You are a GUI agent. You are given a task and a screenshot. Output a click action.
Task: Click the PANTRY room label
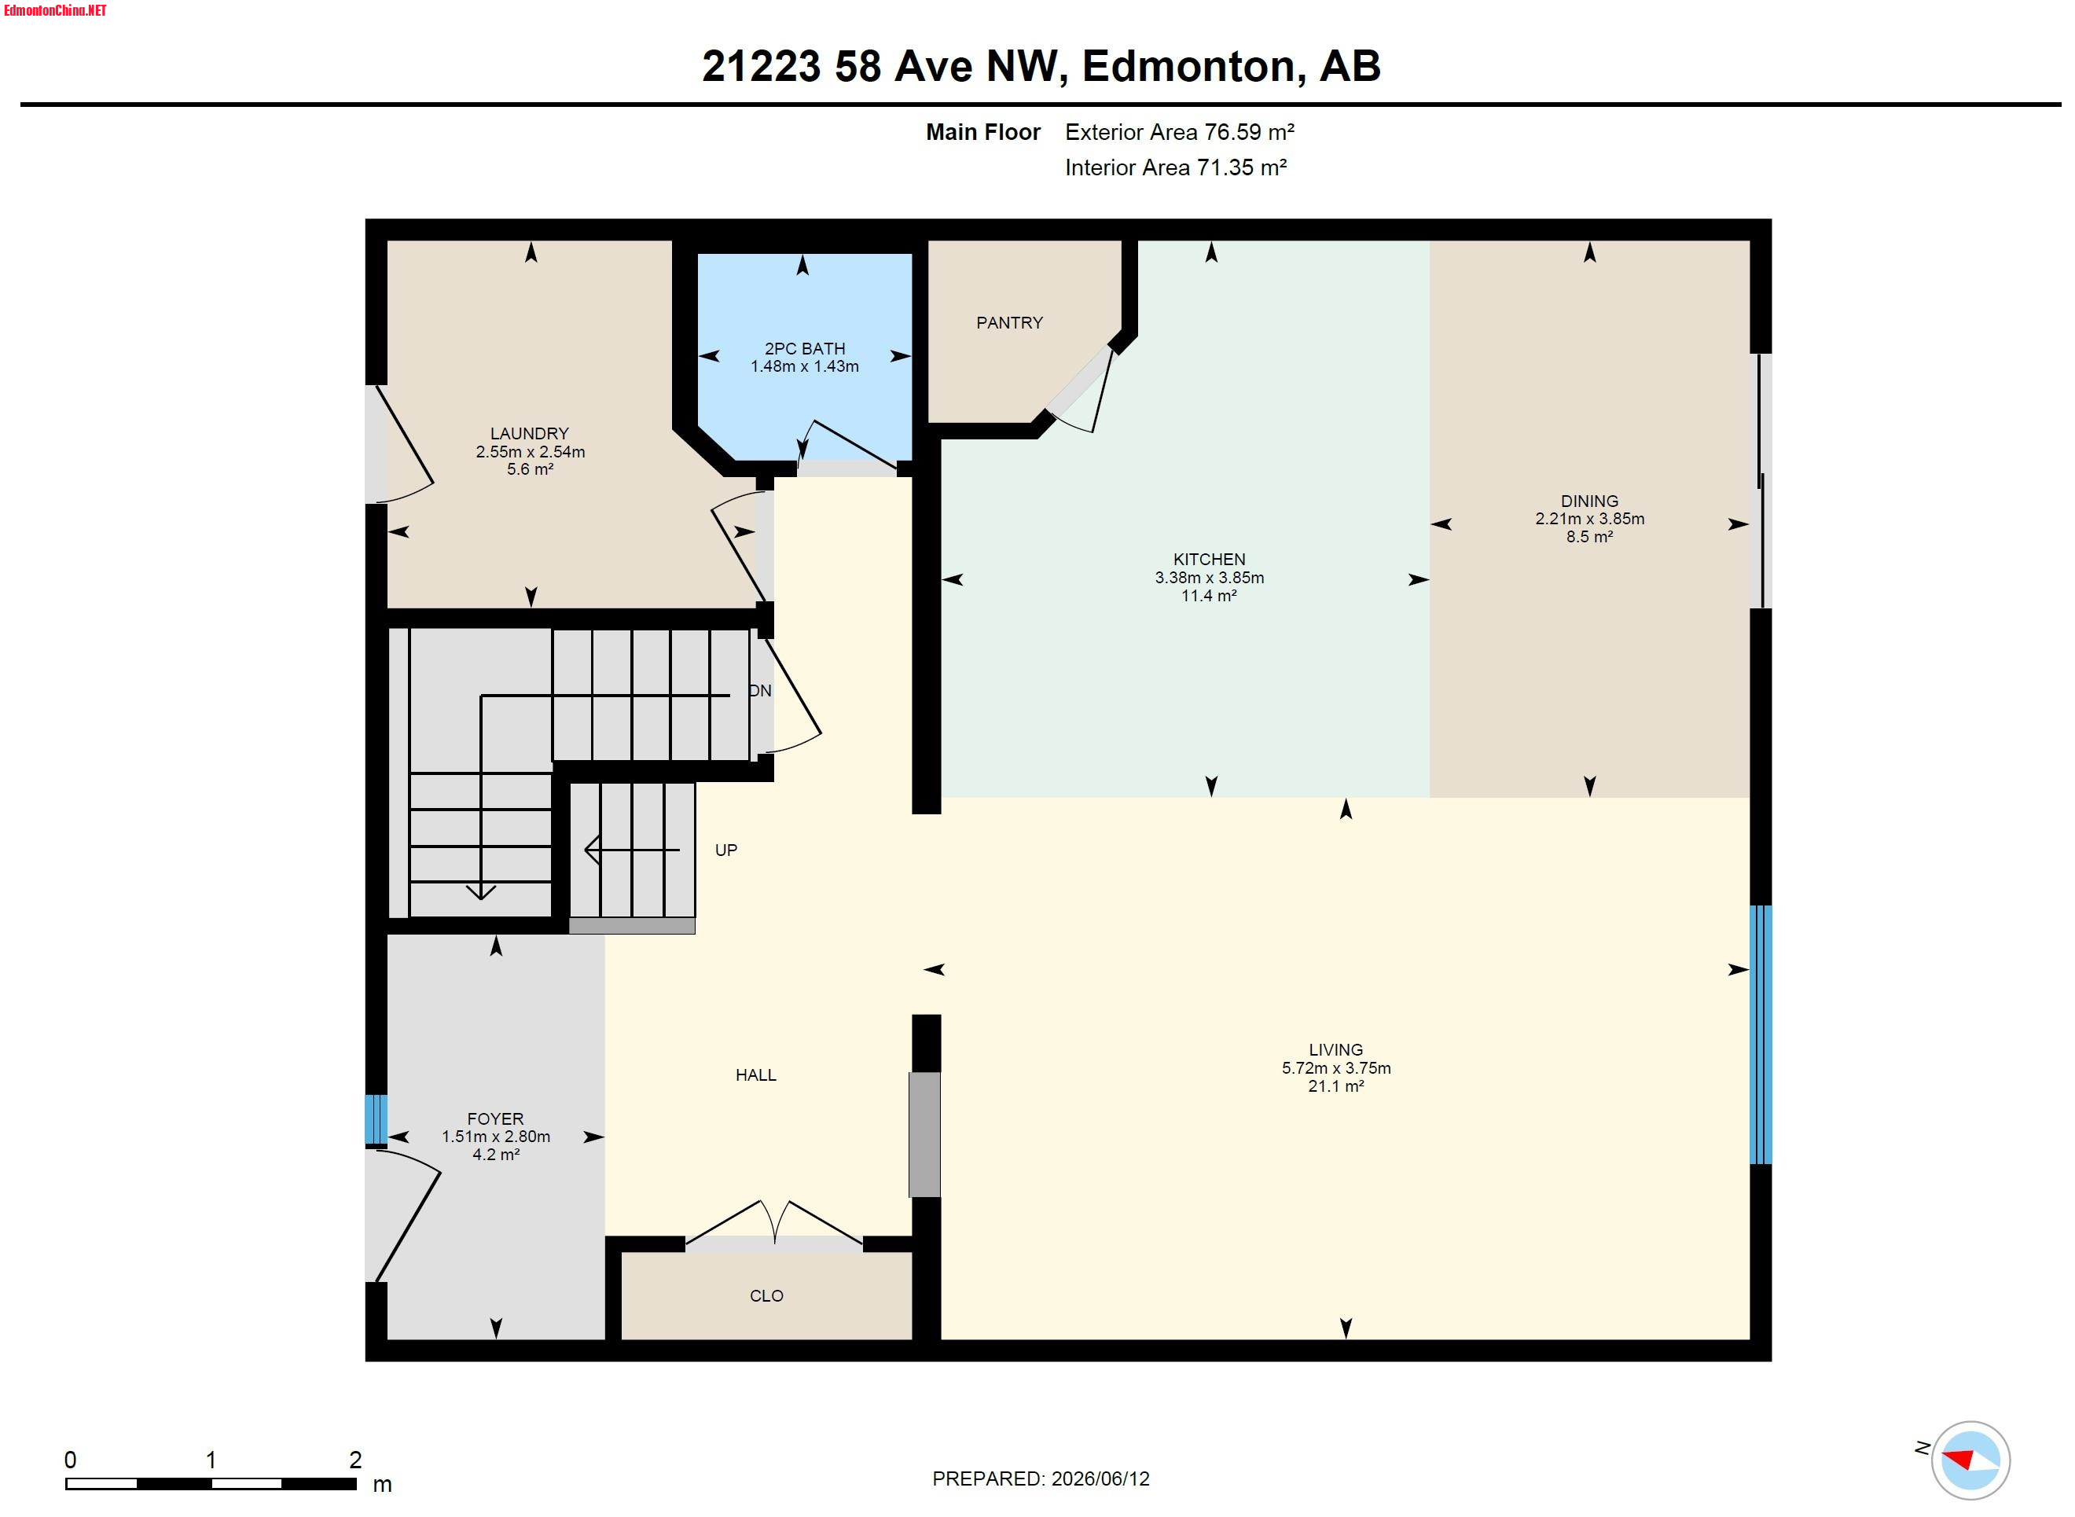[1009, 322]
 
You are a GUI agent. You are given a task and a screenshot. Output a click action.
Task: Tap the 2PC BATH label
[804, 348]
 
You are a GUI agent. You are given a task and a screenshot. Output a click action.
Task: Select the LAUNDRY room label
[529, 432]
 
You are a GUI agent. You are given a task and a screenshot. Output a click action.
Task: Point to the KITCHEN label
[1209, 559]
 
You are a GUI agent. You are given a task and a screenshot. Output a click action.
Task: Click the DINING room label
[1589, 501]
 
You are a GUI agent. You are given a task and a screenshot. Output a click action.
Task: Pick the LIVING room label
[1336, 1049]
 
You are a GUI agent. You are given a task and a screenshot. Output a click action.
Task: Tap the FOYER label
[495, 1118]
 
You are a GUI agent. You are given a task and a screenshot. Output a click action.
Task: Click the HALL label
[755, 1074]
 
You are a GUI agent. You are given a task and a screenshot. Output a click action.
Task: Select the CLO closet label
[766, 1295]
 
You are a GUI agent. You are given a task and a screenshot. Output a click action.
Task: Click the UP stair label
[725, 850]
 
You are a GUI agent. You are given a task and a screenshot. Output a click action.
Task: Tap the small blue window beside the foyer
[376, 1119]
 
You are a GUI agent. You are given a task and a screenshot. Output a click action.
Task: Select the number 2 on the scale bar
[355, 1459]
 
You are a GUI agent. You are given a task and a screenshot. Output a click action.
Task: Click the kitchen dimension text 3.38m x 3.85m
[1209, 578]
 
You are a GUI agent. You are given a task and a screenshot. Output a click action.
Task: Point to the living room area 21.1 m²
[1336, 1085]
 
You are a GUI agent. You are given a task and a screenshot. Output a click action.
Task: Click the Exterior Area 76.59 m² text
[1179, 132]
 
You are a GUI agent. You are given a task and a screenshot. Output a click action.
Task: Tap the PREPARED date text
[1041, 1478]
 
